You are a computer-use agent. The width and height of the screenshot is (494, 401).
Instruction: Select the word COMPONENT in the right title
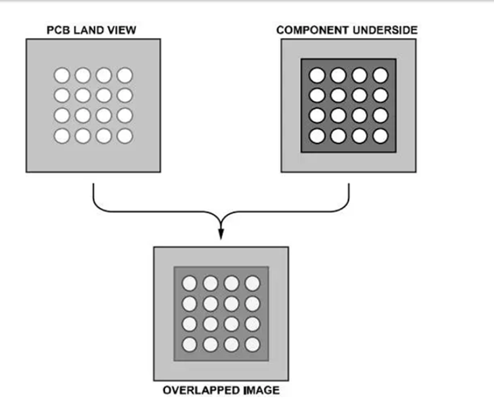(309, 30)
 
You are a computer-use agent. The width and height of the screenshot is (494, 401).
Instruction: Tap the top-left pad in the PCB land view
(62, 75)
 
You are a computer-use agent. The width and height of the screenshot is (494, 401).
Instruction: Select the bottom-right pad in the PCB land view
(124, 136)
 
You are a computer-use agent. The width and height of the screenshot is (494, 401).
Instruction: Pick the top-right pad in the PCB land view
(124, 75)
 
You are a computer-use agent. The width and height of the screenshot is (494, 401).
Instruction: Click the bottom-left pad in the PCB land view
(62, 136)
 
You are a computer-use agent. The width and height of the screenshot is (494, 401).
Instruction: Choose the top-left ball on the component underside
(317, 75)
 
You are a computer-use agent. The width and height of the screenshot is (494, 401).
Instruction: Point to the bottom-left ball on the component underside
(317, 136)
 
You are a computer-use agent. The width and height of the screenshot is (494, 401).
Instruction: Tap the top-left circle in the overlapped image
(189, 283)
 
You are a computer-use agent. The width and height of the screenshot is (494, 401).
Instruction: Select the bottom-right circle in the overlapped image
(252, 344)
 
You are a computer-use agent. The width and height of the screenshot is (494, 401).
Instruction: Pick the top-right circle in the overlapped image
(252, 283)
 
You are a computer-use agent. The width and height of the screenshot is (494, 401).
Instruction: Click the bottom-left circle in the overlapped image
(189, 344)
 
